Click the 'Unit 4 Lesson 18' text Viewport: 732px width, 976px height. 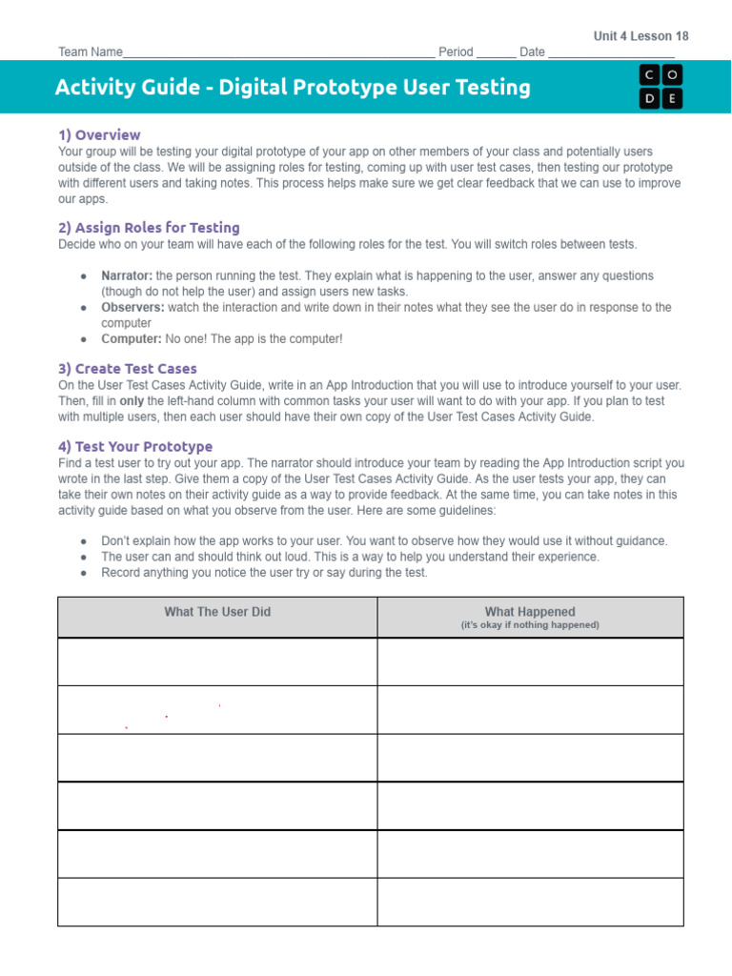pos(640,36)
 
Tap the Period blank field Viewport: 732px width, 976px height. pos(496,52)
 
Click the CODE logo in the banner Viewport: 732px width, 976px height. pos(661,86)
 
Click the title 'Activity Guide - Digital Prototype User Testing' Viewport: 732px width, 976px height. pos(293,88)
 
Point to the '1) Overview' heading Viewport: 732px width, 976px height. pos(99,135)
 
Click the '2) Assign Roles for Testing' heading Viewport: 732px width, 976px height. pos(149,228)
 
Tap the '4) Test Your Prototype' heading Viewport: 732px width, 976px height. pos(134,447)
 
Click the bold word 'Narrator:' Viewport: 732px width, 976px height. pos(127,276)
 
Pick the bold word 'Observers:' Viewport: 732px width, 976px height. pos(132,308)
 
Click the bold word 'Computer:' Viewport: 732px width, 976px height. pos(132,339)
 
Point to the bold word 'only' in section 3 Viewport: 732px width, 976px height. pos(132,401)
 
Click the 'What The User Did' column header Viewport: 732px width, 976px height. pos(217,612)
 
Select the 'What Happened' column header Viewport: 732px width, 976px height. pos(530,612)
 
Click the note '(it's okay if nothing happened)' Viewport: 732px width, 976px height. pos(530,625)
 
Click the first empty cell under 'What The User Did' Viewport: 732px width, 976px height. pos(217,661)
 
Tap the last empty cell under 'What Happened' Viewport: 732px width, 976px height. pos(530,902)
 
